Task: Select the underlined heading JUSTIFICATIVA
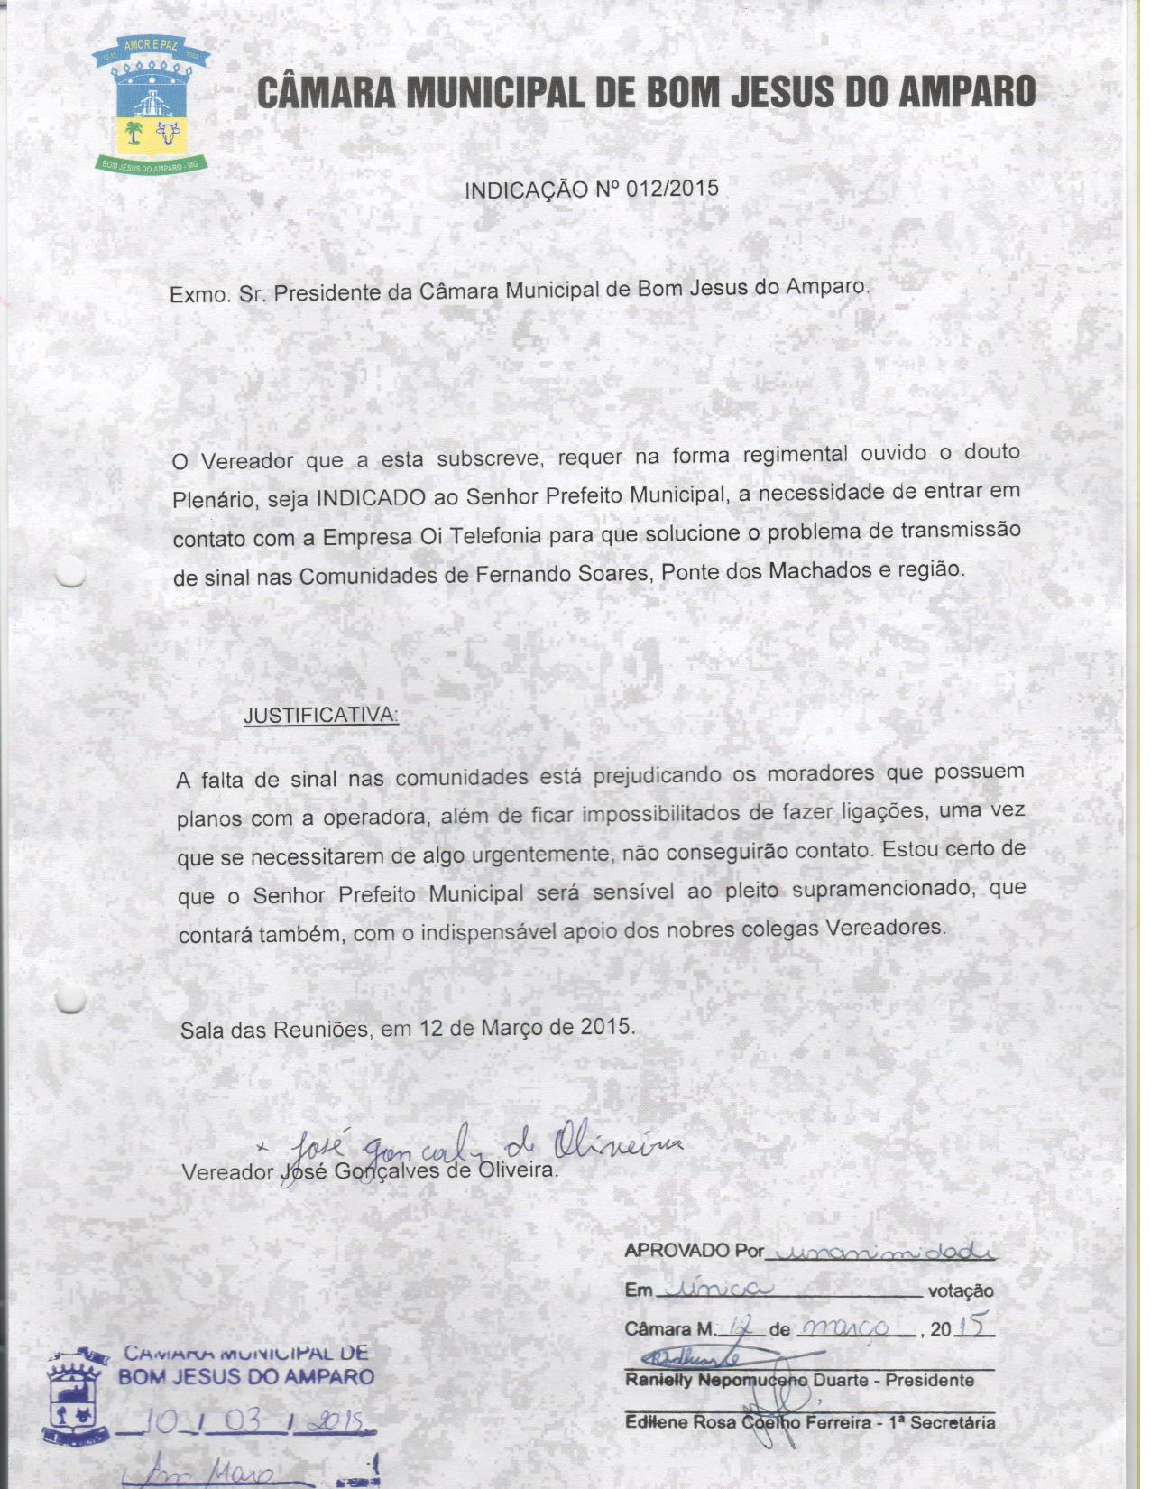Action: click(320, 716)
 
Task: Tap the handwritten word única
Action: click(712, 1289)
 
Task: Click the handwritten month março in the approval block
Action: click(846, 1327)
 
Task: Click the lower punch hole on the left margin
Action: click(69, 998)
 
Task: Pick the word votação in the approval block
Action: click(961, 1291)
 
